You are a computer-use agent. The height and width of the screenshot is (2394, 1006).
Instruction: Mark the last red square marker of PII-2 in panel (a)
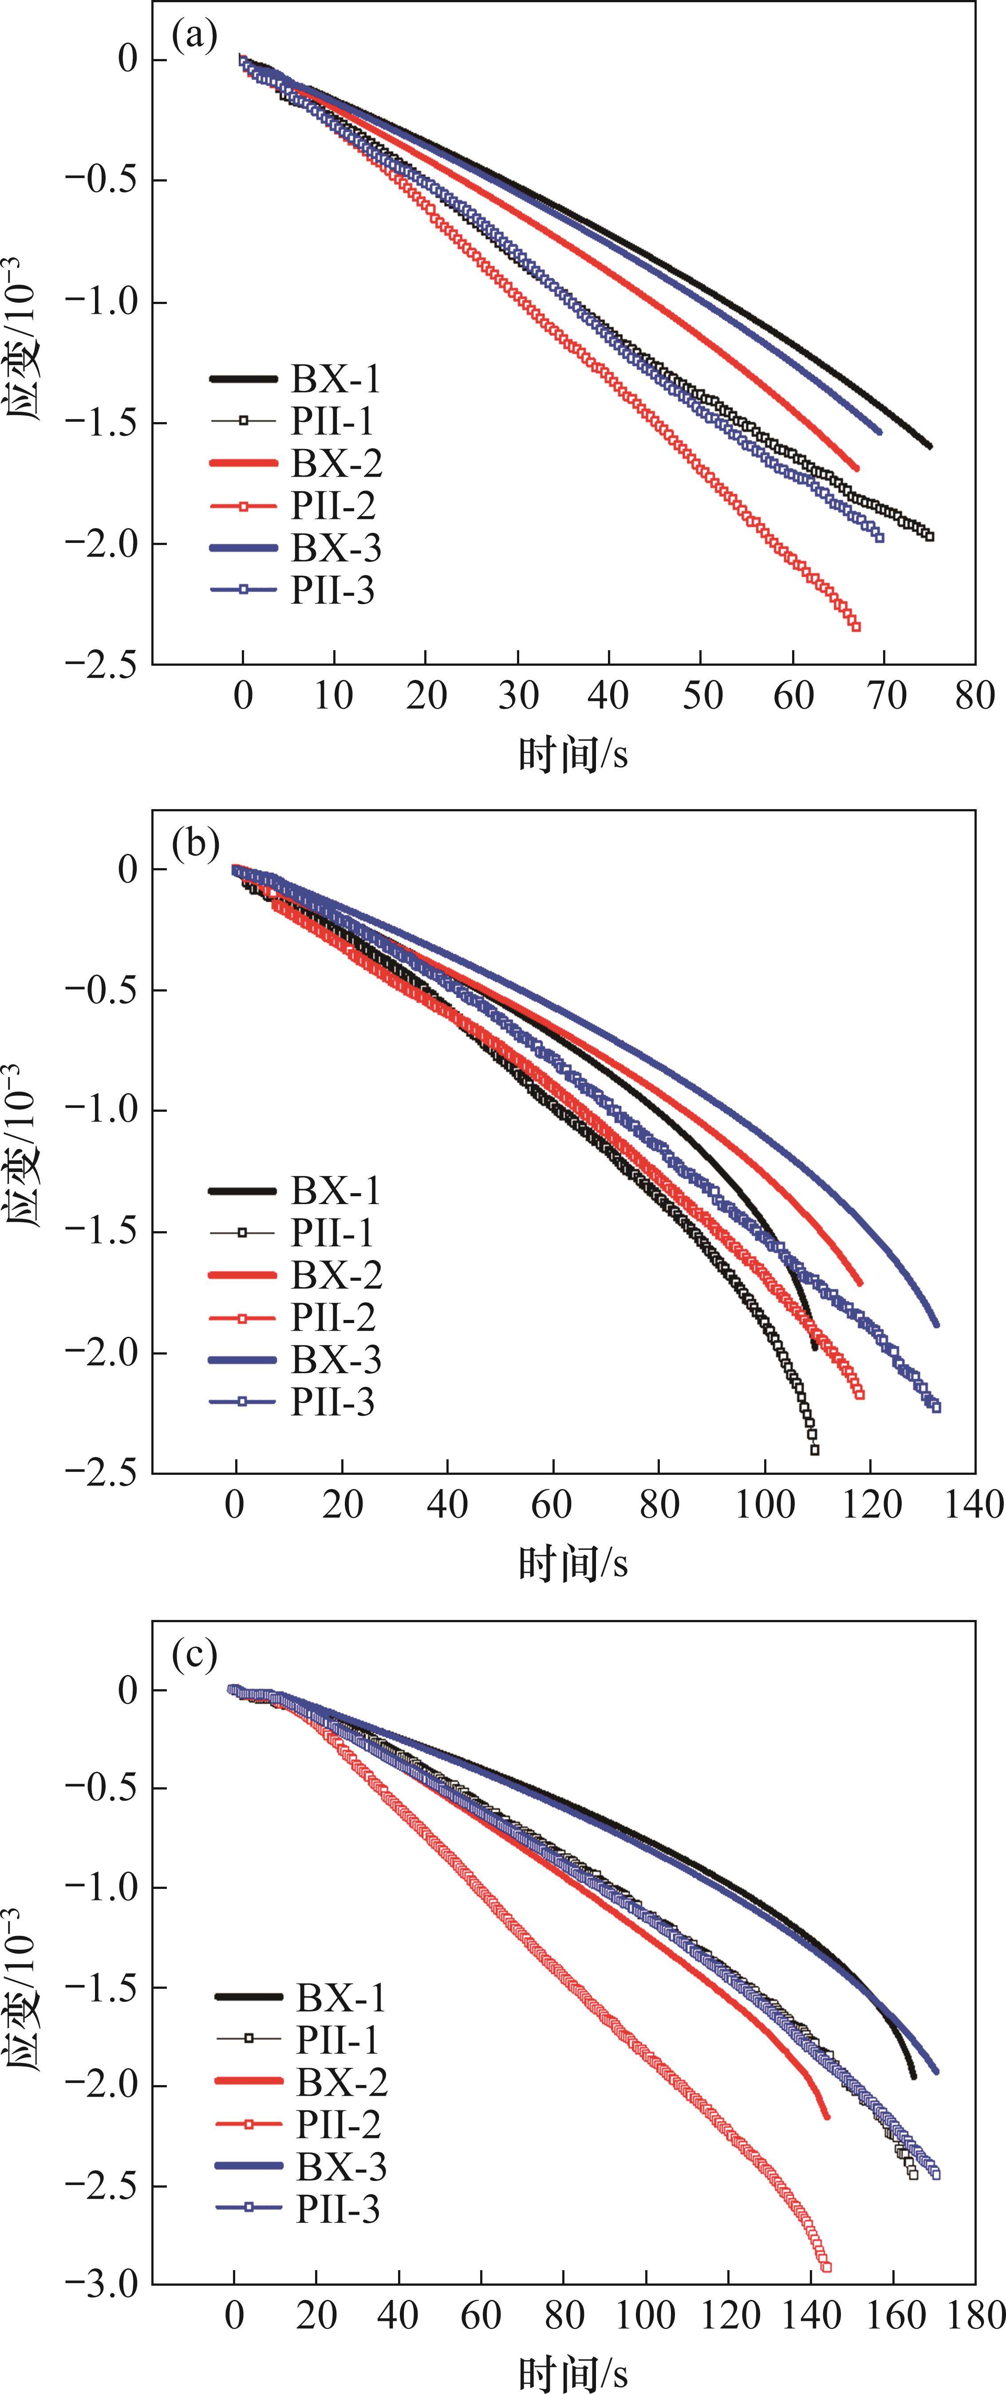point(856,626)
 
